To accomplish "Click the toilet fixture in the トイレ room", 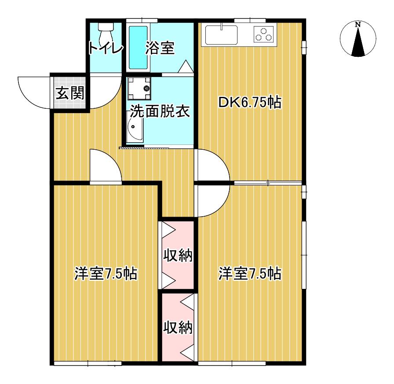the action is (106, 34).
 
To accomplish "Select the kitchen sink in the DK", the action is (221, 35).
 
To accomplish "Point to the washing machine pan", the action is (139, 89).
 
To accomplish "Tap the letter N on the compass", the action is (358, 25).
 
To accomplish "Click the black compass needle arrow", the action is (358, 42).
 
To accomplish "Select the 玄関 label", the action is (70, 93).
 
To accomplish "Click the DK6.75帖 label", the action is (250, 103).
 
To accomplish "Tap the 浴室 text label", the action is (160, 48).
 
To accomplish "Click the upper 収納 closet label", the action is (178, 256).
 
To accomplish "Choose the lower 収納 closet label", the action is (178, 327).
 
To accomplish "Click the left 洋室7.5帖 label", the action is (106, 273).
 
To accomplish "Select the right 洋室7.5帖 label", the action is (250, 273).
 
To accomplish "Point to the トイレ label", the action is (106, 48).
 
